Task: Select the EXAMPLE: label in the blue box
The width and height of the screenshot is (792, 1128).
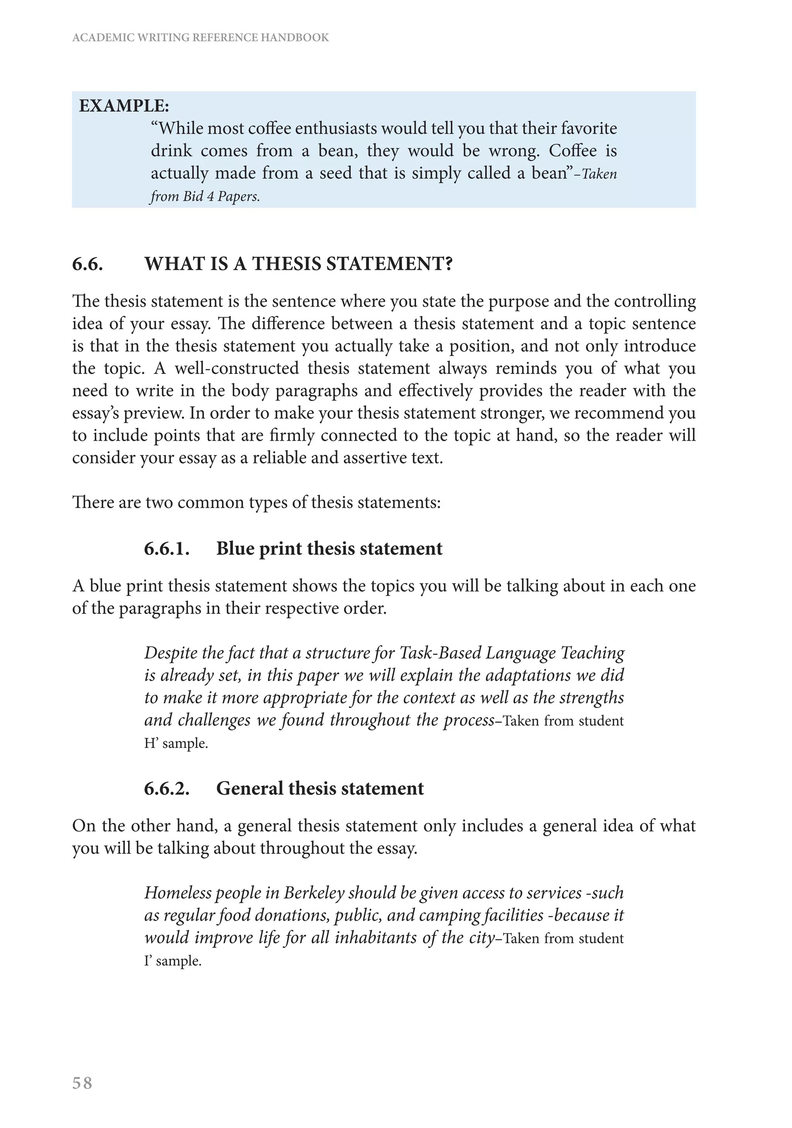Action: click(124, 106)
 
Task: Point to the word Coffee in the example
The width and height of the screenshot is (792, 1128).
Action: click(572, 151)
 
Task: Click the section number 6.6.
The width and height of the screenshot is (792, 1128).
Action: click(87, 265)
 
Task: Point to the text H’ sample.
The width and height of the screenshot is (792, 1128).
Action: click(176, 743)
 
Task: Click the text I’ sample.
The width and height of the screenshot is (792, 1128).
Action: click(173, 961)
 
